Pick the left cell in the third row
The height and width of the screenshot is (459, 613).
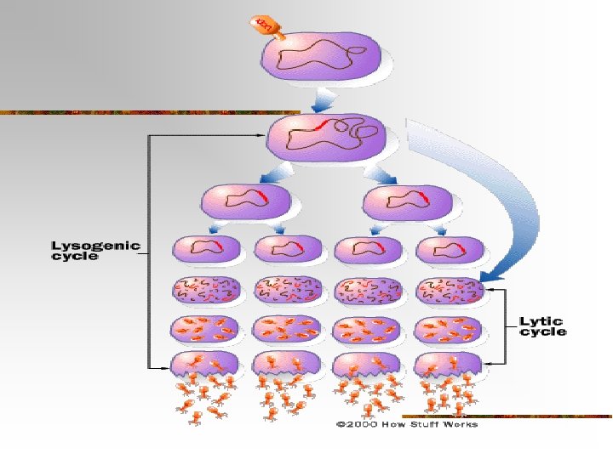[x=246, y=203]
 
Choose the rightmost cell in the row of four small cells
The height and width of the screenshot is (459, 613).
[x=449, y=250]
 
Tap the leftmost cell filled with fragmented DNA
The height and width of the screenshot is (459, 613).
[x=205, y=292]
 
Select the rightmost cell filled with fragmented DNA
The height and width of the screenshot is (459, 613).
[x=449, y=292]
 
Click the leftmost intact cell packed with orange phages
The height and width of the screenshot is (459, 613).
[x=205, y=328]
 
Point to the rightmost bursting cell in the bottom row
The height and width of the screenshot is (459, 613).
[x=449, y=366]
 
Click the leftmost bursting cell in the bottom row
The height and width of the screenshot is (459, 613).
[x=205, y=366]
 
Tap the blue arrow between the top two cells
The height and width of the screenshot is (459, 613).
[x=323, y=103]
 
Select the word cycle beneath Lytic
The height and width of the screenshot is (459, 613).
[x=543, y=331]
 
